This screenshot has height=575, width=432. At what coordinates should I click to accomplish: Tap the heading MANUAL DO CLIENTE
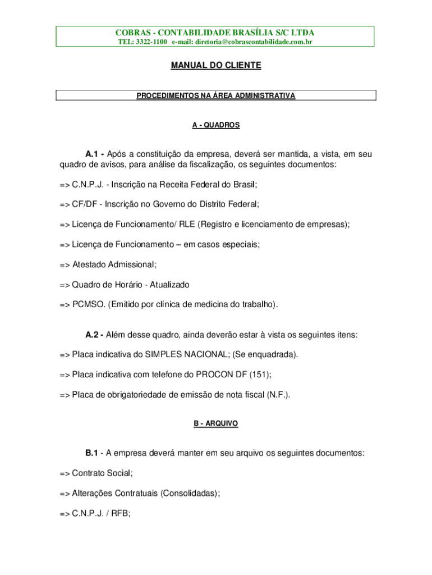pos(216,66)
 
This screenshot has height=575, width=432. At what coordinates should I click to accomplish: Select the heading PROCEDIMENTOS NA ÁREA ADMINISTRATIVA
pos(216,96)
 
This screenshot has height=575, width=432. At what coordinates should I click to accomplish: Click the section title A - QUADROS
pos(216,125)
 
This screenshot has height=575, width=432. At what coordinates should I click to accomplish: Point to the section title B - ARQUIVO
pos(216,423)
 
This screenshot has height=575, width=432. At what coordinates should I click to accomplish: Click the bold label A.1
pos(94,154)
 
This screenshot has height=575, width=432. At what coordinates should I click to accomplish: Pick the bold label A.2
pos(94,335)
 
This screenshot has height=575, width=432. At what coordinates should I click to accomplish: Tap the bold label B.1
pos(93,453)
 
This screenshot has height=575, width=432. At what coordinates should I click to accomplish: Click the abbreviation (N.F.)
pos(278,395)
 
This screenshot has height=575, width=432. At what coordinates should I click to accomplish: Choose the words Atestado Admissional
pos(113,264)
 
